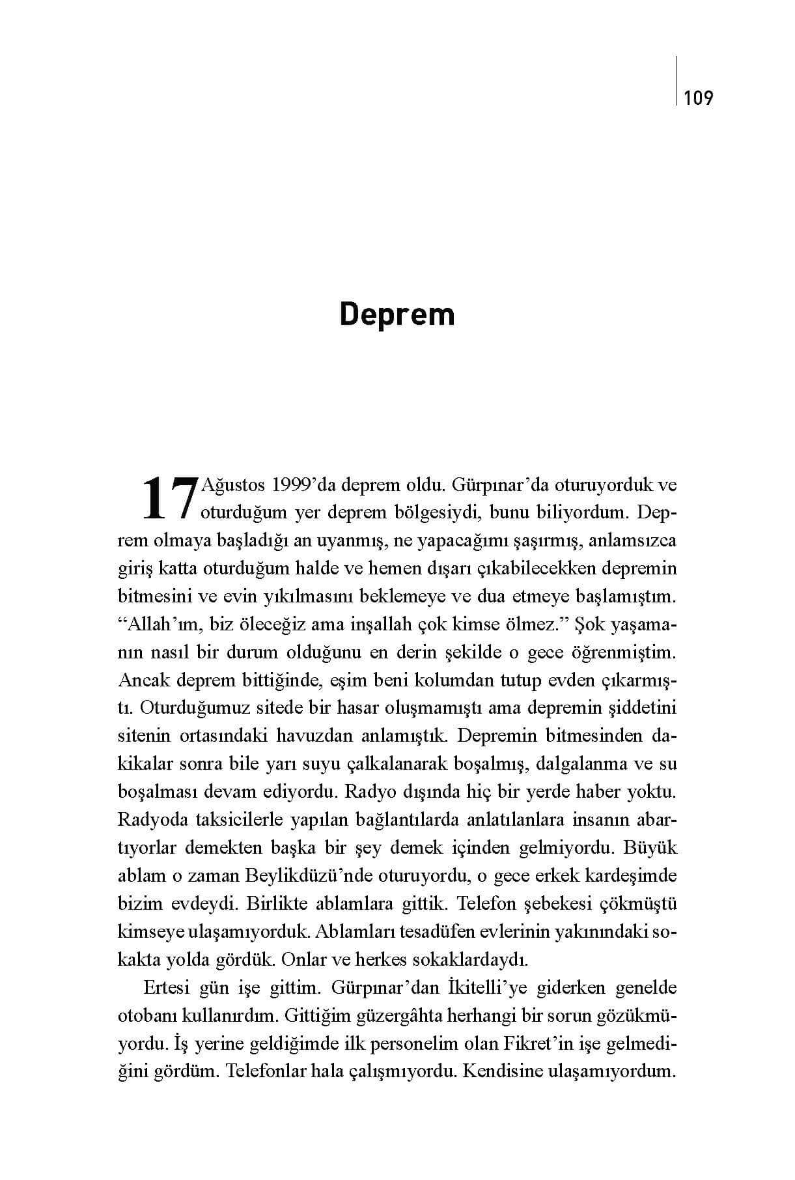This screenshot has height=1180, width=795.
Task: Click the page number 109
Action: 699,99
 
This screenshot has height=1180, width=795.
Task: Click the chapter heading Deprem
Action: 397,314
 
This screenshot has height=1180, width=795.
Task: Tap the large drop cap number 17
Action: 169,499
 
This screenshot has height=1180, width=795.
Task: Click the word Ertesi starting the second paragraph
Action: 167,988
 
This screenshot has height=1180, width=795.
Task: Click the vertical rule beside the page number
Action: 677,80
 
